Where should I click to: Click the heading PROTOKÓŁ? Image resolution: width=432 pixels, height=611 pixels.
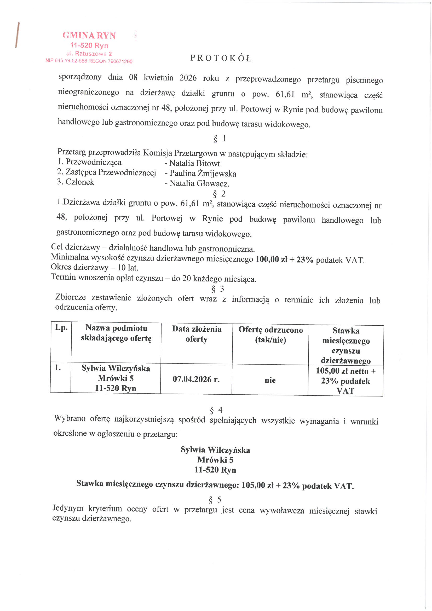pyautogui.click(x=221, y=58)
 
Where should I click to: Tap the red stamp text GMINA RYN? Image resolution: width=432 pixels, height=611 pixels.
pyautogui.click(x=89, y=35)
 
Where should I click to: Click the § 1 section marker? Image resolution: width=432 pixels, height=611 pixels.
pyautogui.click(x=220, y=139)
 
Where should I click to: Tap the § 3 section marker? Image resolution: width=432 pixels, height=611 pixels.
pyautogui.click(x=218, y=289)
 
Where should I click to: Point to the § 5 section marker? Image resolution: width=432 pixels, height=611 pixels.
pyautogui.click(x=215, y=499)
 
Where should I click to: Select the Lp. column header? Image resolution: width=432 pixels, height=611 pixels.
pyautogui.click(x=61, y=328)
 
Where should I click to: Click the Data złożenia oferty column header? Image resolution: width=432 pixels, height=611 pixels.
pyautogui.click(x=197, y=334)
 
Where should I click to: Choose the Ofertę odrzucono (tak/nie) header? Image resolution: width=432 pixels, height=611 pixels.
pyautogui.click(x=270, y=335)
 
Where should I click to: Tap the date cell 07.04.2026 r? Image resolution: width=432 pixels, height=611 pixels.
pyautogui.click(x=196, y=379)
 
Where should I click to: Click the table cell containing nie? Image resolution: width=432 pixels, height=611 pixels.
pyautogui.click(x=270, y=380)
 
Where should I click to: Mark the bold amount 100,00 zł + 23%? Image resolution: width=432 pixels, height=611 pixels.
pyautogui.click(x=284, y=260)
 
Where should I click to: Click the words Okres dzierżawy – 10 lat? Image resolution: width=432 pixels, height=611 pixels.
pyautogui.click(x=95, y=267)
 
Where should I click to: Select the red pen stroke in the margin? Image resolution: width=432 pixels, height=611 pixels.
pyautogui.click(x=17, y=35)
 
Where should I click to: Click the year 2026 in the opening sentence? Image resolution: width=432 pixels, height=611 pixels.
pyautogui.click(x=188, y=78)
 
